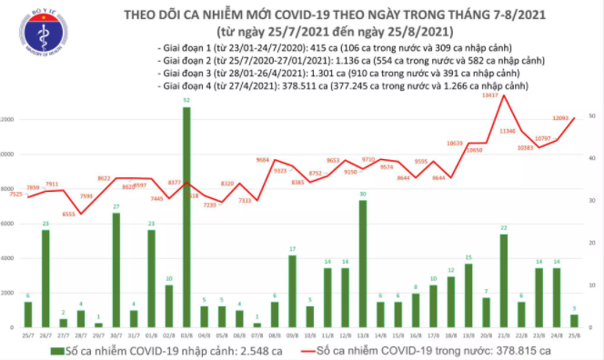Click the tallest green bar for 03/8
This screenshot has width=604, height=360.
tap(186, 218)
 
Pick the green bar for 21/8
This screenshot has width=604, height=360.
tap(503, 281)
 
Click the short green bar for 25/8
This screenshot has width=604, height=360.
tap(573, 321)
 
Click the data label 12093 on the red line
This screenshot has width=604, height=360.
tap(561, 118)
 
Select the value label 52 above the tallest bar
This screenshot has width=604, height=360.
tap(186, 100)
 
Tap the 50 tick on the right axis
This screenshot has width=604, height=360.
tap(591, 116)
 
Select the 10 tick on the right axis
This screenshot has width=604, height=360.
tap(591, 285)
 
